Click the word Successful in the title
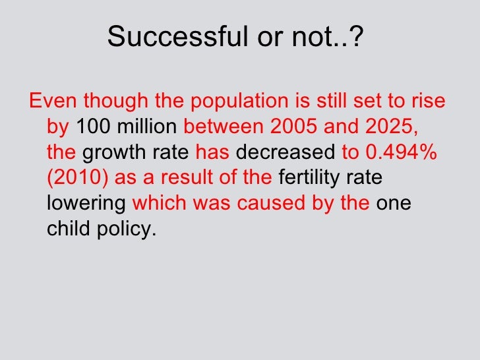point(173,38)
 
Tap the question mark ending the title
point(357,38)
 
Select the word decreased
point(285,153)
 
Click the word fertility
point(313,179)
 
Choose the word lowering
point(86,204)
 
